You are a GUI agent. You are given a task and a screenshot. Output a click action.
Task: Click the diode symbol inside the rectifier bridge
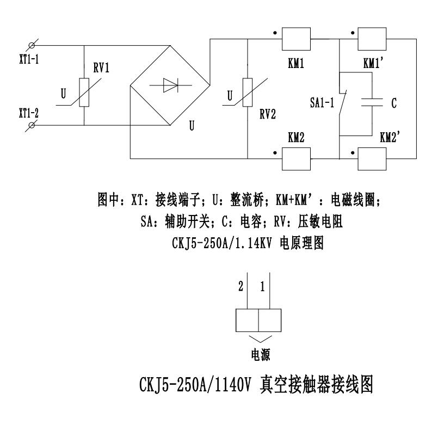tap(170, 85)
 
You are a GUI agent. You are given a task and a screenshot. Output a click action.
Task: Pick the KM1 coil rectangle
tap(295, 39)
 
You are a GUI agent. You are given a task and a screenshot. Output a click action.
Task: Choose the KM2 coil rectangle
tap(295, 158)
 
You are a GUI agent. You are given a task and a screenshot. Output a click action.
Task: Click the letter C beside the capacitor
tap(394, 102)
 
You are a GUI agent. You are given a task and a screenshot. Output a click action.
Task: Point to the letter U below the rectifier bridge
tap(192, 126)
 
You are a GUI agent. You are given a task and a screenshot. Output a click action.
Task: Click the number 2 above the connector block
tap(239, 286)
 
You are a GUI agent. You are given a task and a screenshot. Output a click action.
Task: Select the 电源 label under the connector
tap(258, 354)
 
